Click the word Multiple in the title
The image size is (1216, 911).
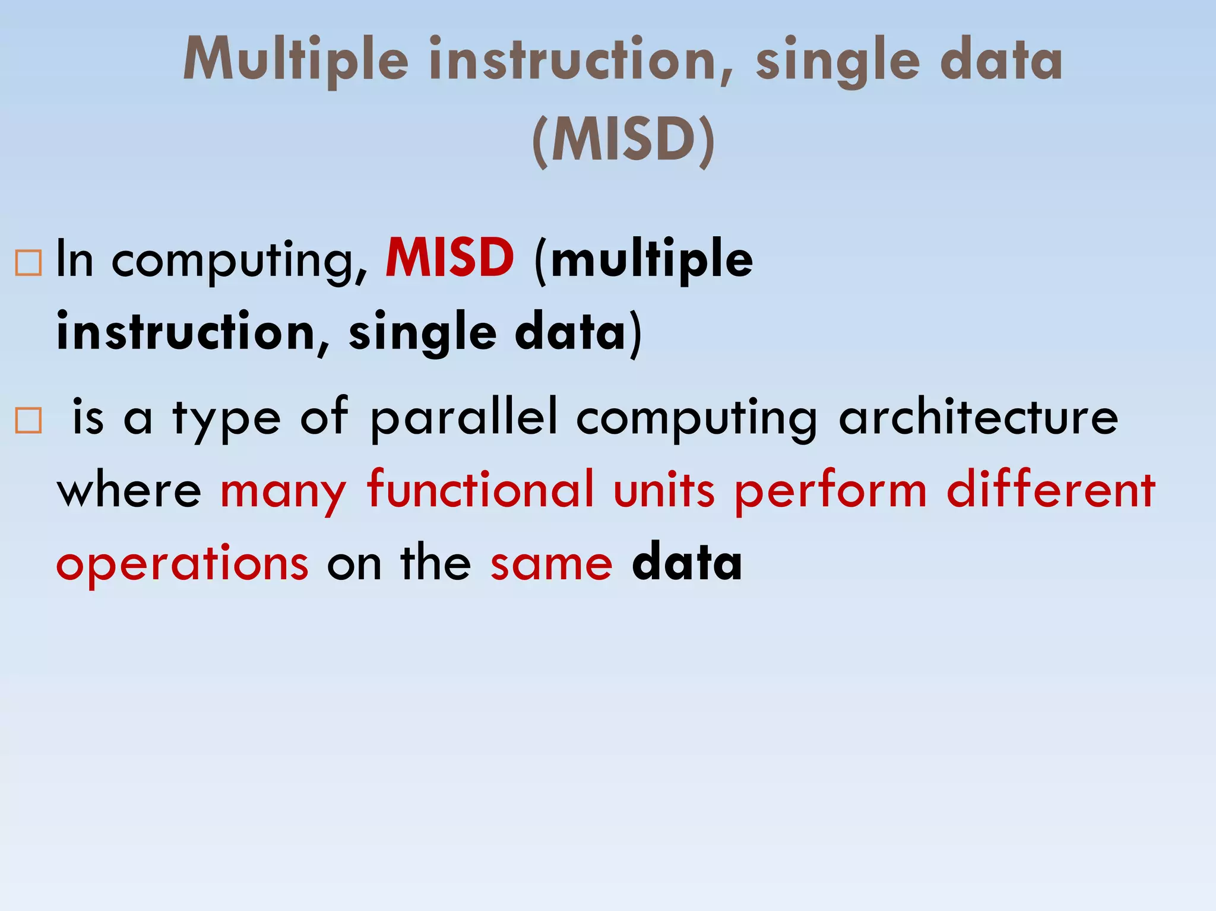point(296,59)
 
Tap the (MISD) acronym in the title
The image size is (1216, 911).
point(623,139)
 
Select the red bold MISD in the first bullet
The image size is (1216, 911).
point(449,258)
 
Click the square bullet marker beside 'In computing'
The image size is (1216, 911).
point(28,262)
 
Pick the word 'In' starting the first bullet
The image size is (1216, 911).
point(75,259)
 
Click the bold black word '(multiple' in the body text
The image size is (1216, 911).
point(644,259)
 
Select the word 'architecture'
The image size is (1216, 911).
point(978,417)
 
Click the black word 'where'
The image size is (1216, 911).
point(129,491)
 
